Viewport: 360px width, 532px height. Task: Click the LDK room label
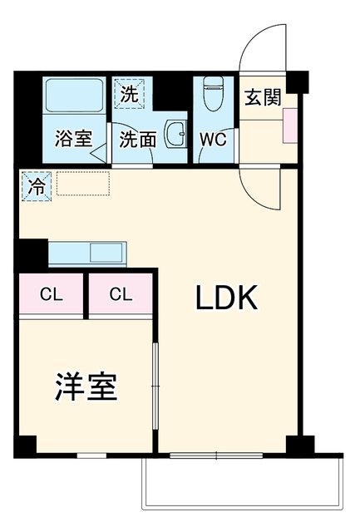(x=226, y=298)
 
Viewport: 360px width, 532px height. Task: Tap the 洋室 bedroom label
(x=86, y=387)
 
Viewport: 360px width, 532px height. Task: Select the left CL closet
(x=52, y=293)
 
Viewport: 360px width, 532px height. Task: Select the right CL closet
(x=121, y=293)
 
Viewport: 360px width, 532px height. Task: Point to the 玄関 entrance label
(x=263, y=97)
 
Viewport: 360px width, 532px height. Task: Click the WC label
(x=213, y=139)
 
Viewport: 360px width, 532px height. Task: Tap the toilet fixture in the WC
(x=214, y=93)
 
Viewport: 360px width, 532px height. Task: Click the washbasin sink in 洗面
(x=175, y=134)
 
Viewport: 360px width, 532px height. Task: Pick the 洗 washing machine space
(x=129, y=94)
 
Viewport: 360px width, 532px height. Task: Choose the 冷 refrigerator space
(x=37, y=186)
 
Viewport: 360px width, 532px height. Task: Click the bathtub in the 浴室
(x=74, y=95)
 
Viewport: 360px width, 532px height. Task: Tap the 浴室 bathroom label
(x=74, y=139)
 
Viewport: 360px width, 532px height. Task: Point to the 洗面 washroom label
(x=138, y=139)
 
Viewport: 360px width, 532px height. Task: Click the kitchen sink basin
(x=106, y=253)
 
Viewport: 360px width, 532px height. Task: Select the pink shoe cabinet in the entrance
(x=290, y=126)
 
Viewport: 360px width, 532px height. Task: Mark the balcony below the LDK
(x=242, y=482)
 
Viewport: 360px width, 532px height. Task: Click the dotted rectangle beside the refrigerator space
(x=83, y=184)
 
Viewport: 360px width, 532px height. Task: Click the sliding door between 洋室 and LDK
(x=155, y=386)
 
